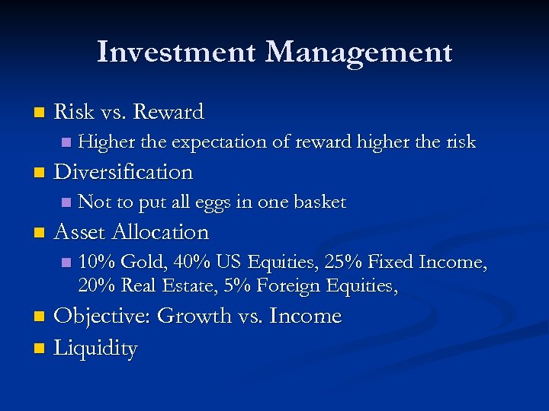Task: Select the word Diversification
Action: coord(124,172)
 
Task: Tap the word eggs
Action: coord(213,202)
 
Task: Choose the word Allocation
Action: coord(162,232)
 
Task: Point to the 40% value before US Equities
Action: coord(192,263)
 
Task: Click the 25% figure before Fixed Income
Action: coord(343,263)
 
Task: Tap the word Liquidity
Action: coord(96,349)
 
